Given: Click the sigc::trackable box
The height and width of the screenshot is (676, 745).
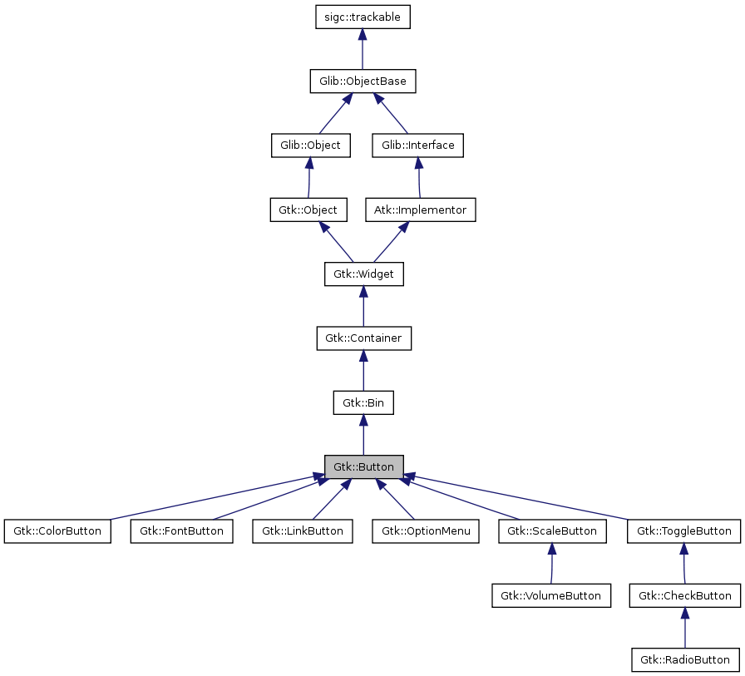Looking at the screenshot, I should tap(363, 17).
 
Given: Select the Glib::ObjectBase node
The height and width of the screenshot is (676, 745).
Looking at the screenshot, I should tap(363, 81).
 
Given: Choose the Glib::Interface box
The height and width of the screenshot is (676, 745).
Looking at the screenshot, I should tap(418, 145).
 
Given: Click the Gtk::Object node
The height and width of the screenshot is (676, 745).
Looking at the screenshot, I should tap(308, 210).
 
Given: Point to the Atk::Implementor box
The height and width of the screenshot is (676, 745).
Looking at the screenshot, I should tap(421, 210).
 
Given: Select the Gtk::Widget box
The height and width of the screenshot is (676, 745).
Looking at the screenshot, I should tap(363, 274).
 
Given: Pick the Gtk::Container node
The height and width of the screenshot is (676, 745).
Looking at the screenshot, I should tap(363, 338).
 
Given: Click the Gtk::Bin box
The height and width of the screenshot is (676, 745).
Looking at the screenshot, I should tap(363, 402).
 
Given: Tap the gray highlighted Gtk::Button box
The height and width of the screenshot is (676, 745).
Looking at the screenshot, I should tap(363, 466).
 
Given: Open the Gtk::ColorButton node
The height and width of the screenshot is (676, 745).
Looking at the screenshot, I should tap(57, 531).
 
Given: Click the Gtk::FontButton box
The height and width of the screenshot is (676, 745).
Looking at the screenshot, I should tap(181, 531).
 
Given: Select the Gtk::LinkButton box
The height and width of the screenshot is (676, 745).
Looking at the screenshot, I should tap(303, 531).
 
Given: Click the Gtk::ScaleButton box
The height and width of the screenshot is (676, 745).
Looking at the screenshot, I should tap(551, 531).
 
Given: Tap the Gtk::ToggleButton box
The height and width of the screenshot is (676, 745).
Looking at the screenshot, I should tap(684, 531).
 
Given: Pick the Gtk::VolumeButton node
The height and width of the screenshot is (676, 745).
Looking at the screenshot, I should tap(551, 595).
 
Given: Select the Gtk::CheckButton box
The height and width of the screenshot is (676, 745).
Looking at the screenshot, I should tap(684, 595).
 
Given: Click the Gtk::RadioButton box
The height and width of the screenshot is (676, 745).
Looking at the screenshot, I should tap(684, 660).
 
